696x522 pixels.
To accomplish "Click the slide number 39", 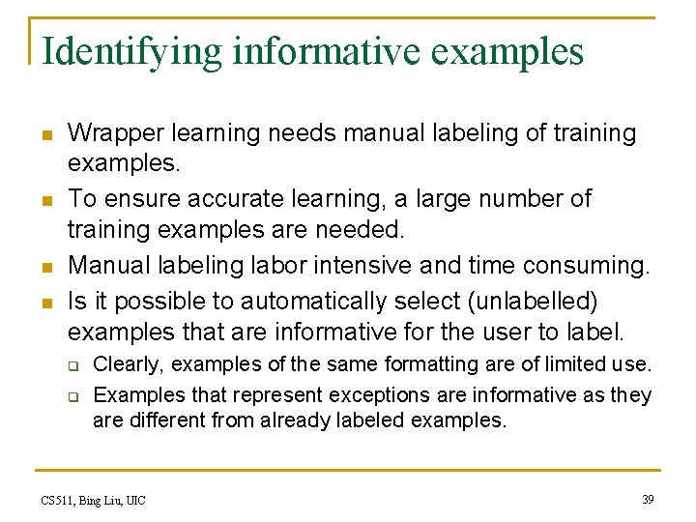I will (648, 499).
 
